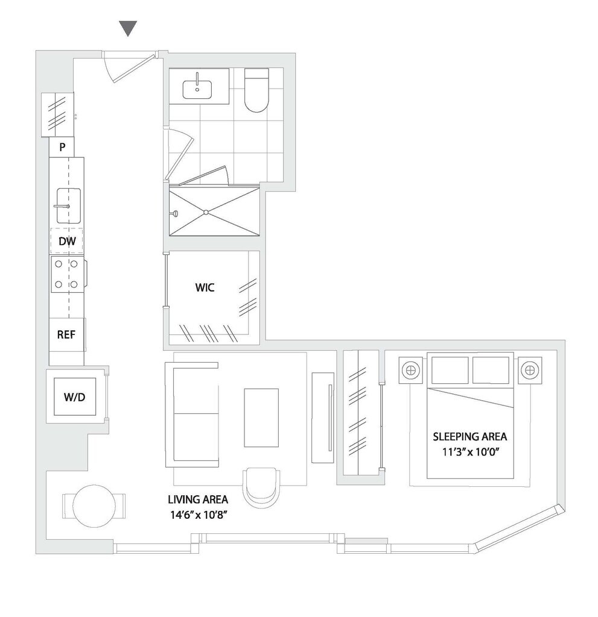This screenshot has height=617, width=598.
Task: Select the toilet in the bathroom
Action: [x=256, y=91]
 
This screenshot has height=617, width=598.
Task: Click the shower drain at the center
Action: [x=206, y=212]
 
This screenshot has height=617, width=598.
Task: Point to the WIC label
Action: [x=205, y=287]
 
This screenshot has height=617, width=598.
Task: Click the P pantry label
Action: [x=62, y=146]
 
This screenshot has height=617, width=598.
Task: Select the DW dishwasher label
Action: [x=66, y=242]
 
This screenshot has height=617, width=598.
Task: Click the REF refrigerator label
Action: [x=66, y=334]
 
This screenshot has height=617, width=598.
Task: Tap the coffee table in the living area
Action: [x=261, y=417]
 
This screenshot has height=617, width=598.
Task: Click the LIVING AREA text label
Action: [x=198, y=500]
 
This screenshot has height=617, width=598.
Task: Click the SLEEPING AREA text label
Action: [x=470, y=436]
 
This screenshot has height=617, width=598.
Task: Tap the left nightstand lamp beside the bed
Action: [x=412, y=369]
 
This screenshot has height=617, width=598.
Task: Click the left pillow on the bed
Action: [x=450, y=369]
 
